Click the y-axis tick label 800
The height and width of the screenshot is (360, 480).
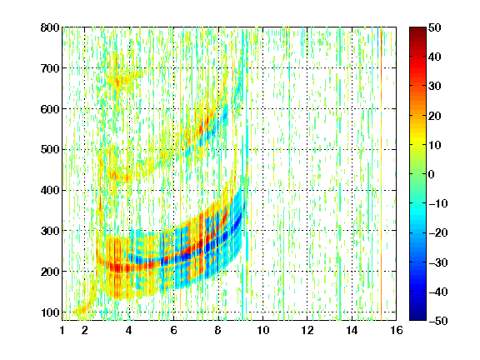[x=50, y=27]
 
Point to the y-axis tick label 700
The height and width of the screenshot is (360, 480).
[x=50, y=68]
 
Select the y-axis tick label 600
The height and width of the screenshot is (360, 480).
[x=50, y=109]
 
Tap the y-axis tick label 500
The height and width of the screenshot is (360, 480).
[x=50, y=150]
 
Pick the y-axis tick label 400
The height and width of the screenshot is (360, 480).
[x=50, y=191]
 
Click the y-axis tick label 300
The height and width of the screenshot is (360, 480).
[x=50, y=231]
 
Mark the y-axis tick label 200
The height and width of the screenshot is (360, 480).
[x=50, y=272]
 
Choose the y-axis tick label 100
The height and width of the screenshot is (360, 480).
[x=50, y=312]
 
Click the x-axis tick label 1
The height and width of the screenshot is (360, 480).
[x=62, y=330]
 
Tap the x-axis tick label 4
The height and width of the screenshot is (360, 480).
[x=129, y=330]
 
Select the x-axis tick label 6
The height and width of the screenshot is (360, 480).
[x=173, y=330]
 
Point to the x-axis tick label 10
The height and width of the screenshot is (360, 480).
[x=263, y=330]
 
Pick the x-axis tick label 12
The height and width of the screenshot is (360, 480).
[x=307, y=330]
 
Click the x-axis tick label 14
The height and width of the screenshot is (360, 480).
[x=352, y=330]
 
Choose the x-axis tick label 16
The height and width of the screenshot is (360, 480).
[x=397, y=330]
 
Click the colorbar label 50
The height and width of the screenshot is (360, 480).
[x=434, y=27]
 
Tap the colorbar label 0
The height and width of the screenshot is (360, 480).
[x=432, y=174]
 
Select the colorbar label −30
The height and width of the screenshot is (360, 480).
[x=438, y=262]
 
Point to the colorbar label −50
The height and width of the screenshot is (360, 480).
[x=438, y=321]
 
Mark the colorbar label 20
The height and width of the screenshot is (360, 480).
[x=434, y=116]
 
